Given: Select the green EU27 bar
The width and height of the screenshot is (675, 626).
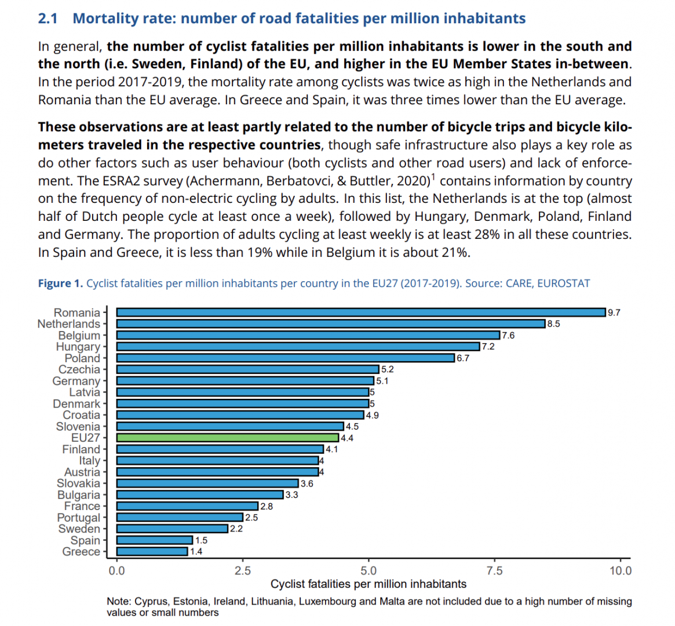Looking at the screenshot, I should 227,438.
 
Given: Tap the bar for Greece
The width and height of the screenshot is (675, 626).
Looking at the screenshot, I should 152,551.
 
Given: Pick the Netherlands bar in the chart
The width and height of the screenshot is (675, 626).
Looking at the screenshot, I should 330,323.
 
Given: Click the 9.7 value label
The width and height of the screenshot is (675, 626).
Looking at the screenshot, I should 614,312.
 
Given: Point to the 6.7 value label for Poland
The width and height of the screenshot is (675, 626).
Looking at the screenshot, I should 463,358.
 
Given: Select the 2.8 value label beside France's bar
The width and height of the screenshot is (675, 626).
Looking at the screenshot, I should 267,506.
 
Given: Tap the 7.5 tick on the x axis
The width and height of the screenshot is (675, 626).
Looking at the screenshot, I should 494,571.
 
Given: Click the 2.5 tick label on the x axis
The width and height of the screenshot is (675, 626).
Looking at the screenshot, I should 243,571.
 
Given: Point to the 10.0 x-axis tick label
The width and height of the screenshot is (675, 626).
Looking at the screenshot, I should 621,571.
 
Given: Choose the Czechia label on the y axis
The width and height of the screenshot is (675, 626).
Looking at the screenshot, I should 79,369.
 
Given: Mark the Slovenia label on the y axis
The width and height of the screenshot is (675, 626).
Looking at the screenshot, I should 78,427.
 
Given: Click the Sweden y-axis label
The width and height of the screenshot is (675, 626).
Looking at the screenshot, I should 79,529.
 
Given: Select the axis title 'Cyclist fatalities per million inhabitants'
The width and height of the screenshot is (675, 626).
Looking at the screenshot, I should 368,584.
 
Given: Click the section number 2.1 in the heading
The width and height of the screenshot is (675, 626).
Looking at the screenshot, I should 48,19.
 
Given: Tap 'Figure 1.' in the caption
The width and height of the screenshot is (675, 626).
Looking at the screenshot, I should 60,283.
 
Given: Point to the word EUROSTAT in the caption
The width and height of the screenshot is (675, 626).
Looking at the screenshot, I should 563,283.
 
